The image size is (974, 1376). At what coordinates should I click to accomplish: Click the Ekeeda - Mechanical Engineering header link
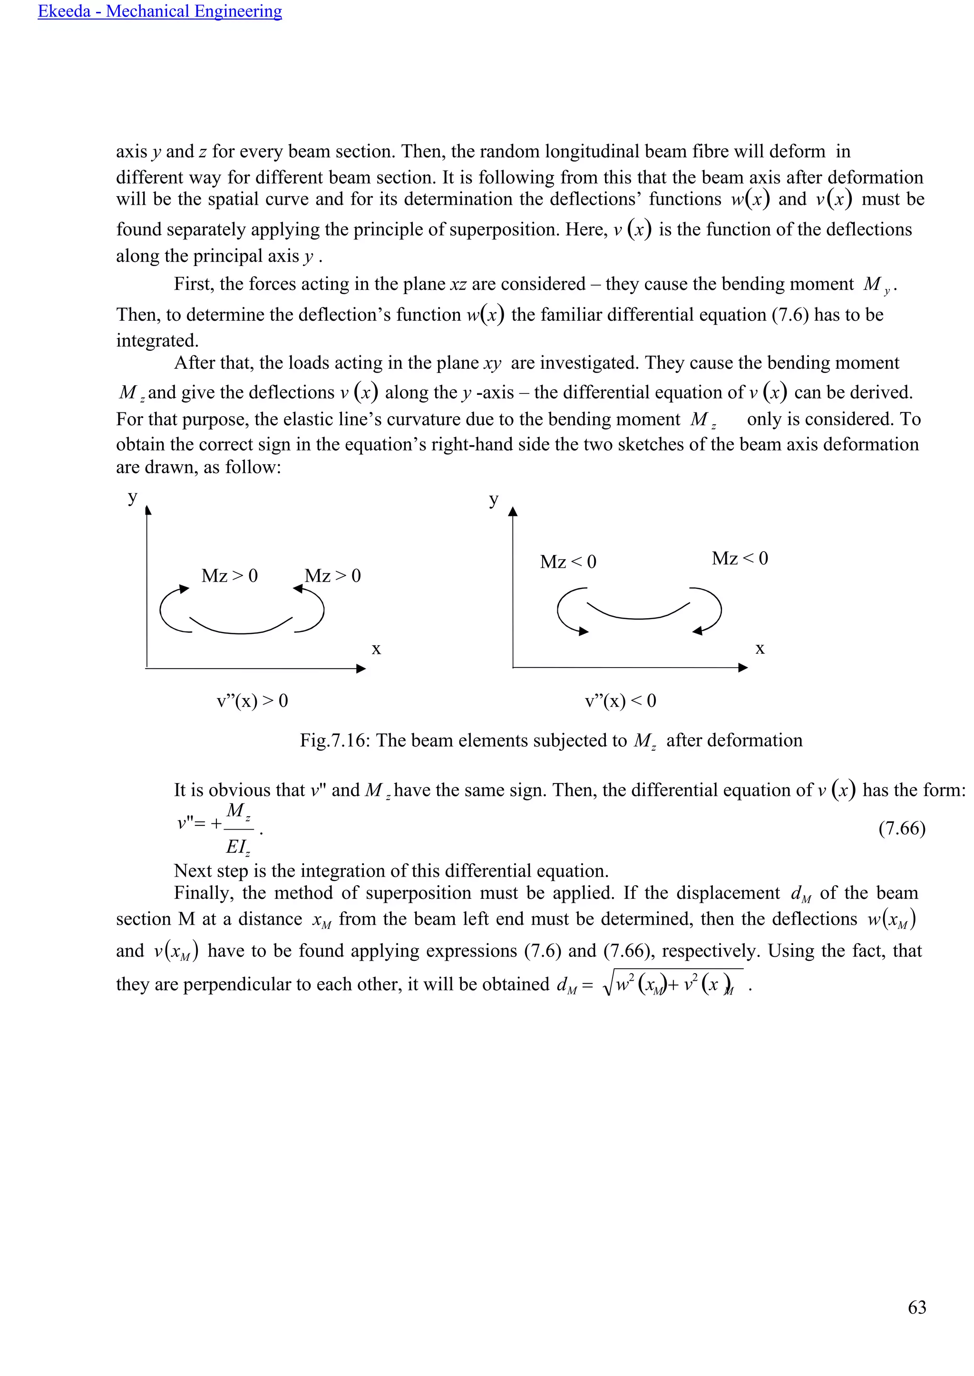coord(159,11)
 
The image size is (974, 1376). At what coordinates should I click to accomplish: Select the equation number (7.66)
coord(901,828)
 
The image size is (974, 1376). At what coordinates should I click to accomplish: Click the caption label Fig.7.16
coord(332,740)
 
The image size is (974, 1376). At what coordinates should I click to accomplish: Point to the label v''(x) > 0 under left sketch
coord(252,700)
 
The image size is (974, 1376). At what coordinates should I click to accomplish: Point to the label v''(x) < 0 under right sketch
coord(620,700)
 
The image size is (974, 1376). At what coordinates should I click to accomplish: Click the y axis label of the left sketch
coord(133,497)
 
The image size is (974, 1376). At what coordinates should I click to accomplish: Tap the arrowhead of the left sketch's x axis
coord(360,669)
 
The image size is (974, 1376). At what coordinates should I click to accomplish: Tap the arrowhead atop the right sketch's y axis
coord(512,511)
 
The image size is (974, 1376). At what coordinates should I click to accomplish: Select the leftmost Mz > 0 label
coord(229,576)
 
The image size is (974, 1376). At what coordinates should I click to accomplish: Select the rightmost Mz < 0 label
coord(740,559)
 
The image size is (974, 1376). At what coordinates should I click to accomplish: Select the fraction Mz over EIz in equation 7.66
coord(238,828)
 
